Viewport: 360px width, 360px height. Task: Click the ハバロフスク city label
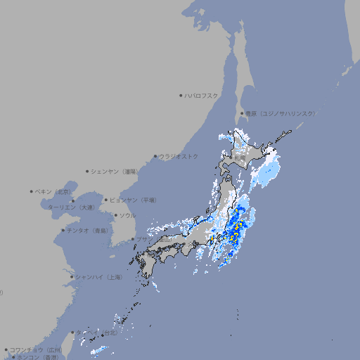click(202, 95)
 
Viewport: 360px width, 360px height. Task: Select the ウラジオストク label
click(179, 156)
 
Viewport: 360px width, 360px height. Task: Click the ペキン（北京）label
click(54, 191)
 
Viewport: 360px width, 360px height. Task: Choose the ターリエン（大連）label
click(71, 207)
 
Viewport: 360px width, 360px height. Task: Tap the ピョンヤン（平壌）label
click(133, 200)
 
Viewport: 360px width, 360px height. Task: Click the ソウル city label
click(127, 215)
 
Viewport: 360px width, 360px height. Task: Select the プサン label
click(143, 239)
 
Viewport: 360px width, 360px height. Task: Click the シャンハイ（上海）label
click(98, 277)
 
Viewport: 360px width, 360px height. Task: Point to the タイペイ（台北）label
click(97, 333)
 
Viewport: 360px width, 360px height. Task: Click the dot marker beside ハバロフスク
click(181, 95)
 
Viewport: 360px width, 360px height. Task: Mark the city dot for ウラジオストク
click(155, 156)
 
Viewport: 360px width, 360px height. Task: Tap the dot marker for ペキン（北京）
click(32, 191)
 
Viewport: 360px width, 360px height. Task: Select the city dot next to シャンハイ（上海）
click(72, 277)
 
